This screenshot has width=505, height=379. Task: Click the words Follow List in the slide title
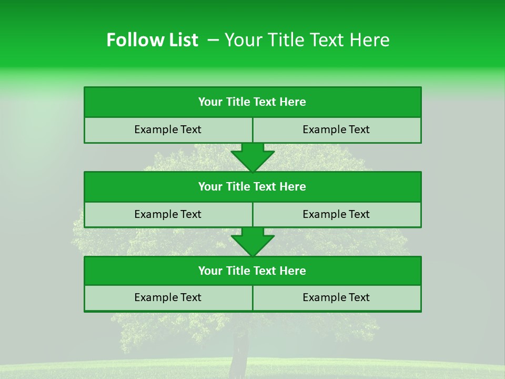tap(152, 40)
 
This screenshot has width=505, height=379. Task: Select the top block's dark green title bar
tap(252, 102)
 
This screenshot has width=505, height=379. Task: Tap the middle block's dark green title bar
tap(252, 187)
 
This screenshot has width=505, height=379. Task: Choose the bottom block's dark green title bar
tap(252, 271)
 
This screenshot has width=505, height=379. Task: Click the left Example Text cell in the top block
tap(168, 130)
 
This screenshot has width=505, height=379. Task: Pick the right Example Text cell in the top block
tap(337, 130)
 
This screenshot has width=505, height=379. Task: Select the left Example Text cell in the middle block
tap(168, 215)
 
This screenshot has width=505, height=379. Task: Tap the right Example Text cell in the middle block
tap(337, 215)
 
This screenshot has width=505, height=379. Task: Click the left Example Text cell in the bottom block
tap(168, 298)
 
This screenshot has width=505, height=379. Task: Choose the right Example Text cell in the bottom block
tap(337, 298)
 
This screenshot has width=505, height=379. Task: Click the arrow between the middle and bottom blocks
tap(252, 242)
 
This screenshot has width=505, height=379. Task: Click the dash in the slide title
tap(214, 40)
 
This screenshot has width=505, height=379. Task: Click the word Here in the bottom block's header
tap(292, 271)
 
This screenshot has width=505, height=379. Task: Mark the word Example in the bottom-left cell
tap(155, 298)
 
